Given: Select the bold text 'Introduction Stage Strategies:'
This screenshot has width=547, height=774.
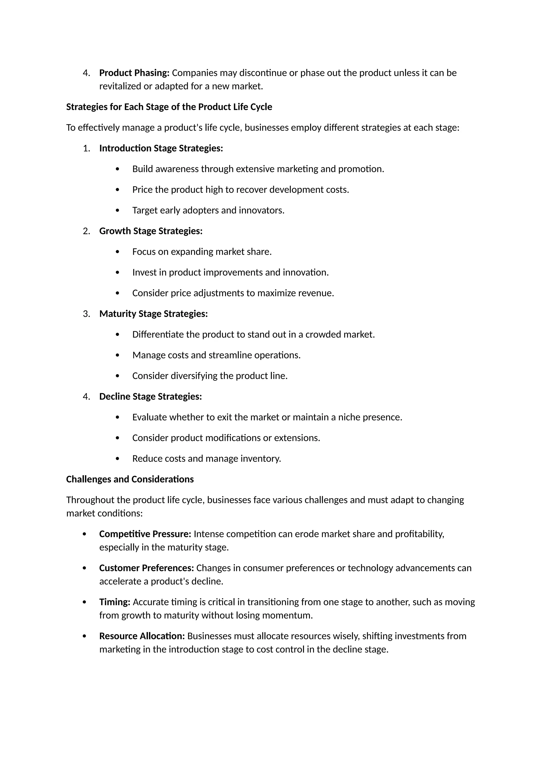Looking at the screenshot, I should (161, 148).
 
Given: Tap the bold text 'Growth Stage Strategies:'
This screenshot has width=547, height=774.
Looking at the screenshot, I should (151, 231).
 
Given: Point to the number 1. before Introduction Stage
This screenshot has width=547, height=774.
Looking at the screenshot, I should (86, 148).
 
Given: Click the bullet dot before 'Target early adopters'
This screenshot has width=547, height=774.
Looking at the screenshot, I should (117, 210).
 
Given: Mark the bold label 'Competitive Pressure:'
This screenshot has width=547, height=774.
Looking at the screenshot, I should (145, 534).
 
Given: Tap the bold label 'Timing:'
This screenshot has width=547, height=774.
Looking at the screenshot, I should (115, 602).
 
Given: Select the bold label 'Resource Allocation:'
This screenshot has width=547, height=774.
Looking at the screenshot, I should (142, 636).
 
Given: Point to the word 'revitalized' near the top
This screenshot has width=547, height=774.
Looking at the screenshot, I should (120, 86).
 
